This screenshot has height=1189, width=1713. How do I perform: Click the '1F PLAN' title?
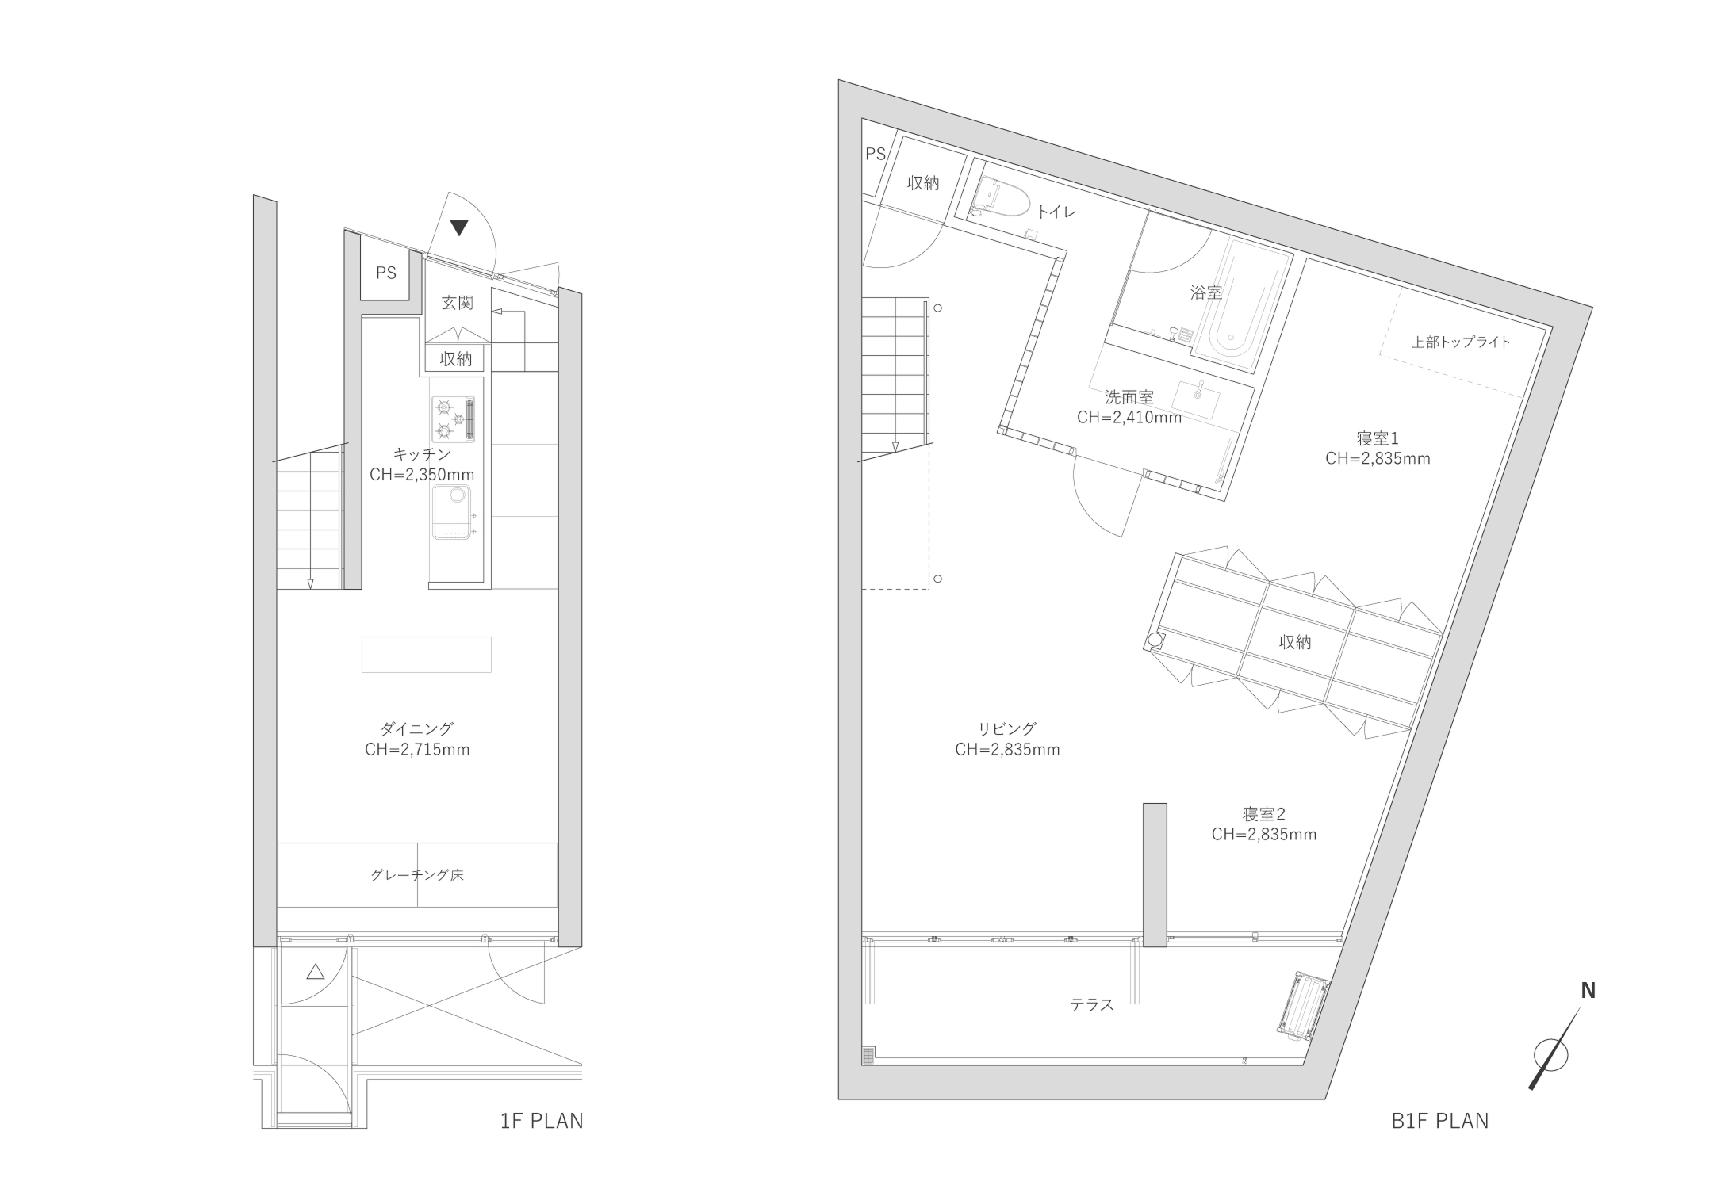pyautogui.click(x=542, y=1121)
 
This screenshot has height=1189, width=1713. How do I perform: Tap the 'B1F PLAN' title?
pyautogui.click(x=1440, y=1121)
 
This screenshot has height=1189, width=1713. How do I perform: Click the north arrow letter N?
pyautogui.click(x=1588, y=991)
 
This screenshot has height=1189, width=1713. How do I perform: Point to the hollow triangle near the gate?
pyautogui.click(x=316, y=971)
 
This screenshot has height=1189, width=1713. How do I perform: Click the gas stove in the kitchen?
pyautogui.click(x=454, y=419)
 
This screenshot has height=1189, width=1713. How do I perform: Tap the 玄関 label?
pyautogui.click(x=458, y=303)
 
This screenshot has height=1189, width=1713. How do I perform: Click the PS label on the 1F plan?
pyautogui.click(x=386, y=273)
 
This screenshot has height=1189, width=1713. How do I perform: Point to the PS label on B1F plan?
pyautogui.click(x=876, y=155)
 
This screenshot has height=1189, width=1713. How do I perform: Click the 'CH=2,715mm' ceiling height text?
pyautogui.click(x=417, y=750)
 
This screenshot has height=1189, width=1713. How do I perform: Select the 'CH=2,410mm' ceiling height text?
pyautogui.click(x=1129, y=418)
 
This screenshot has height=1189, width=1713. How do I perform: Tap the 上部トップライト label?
pyautogui.click(x=1461, y=343)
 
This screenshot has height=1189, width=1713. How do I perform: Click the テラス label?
pyautogui.click(x=1092, y=1005)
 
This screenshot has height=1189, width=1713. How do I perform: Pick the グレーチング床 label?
pyautogui.click(x=417, y=876)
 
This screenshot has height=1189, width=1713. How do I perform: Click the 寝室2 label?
pyautogui.click(x=1264, y=814)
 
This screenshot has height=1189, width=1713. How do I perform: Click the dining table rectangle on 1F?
pyautogui.click(x=427, y=655)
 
